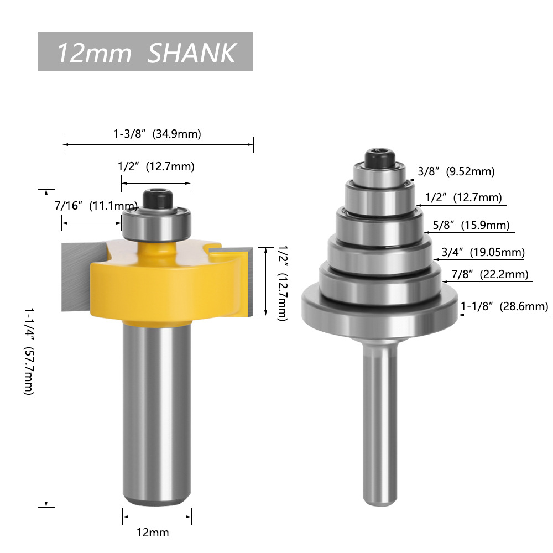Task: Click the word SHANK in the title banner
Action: coord(192,53)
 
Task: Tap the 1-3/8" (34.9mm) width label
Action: coord(157,133)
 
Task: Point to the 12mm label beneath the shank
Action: coord(153,533)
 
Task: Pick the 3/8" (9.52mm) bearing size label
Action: coord(455,171)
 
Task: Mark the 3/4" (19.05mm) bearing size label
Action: coord(482,253)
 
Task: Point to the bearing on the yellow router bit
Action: coord(157,225)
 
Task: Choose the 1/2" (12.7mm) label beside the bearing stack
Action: coord(463,197)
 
